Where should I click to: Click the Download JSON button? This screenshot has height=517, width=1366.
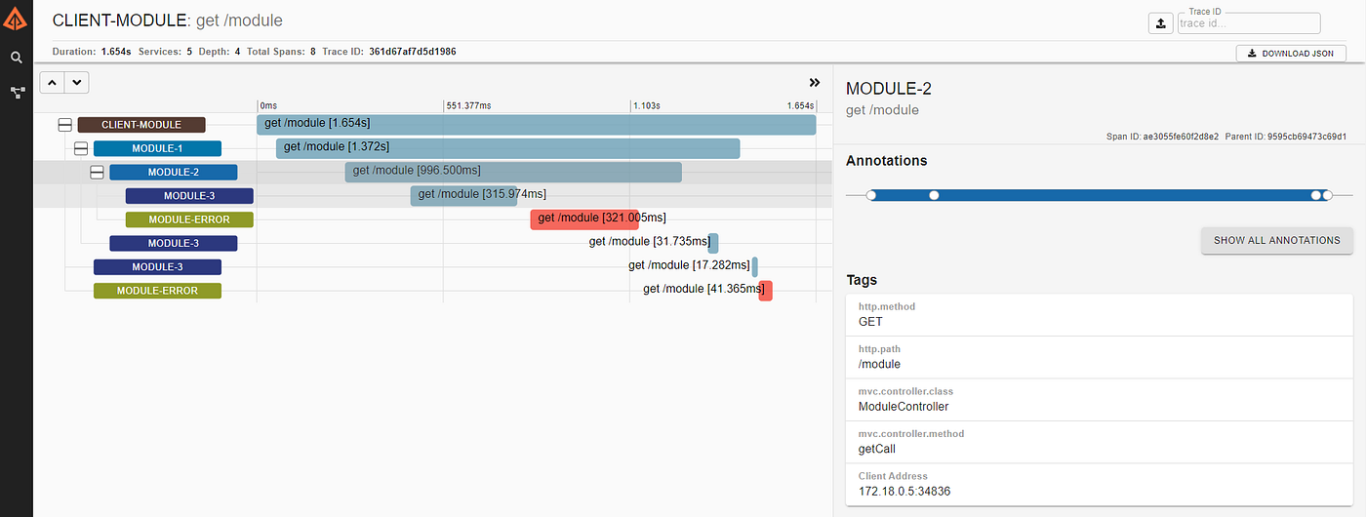[x=1291, y=54]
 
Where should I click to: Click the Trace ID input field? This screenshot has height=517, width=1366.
[x=1248, y=23]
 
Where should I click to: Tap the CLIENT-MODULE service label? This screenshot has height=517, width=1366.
[x=141, y=125]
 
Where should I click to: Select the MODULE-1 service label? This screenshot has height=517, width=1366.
[x=157, y=148]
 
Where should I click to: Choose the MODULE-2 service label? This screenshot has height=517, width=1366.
[x=174, y=172]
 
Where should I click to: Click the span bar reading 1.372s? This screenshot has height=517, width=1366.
[x=507, y=148]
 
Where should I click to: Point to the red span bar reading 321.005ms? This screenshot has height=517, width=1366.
[x=584, y=219]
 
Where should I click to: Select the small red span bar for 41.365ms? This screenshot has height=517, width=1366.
[x=765, y=291]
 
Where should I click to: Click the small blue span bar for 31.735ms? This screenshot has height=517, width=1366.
[x=713, y=243]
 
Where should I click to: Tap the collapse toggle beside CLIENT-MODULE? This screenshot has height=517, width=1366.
[x=65, y=125]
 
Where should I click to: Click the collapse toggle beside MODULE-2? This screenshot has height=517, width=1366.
[x=97, y=173]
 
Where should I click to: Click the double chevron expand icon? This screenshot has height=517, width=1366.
[x=815, y=82]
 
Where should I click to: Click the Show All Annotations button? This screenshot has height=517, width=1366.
[x=1277, y=240]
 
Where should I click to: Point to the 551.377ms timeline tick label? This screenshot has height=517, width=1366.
[x=468, y=105]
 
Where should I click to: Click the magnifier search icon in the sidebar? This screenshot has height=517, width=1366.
[x=17, y=58]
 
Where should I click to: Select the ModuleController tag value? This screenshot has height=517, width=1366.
[x=904, y=407]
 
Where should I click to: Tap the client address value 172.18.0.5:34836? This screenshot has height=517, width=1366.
[x=904, y=492]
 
